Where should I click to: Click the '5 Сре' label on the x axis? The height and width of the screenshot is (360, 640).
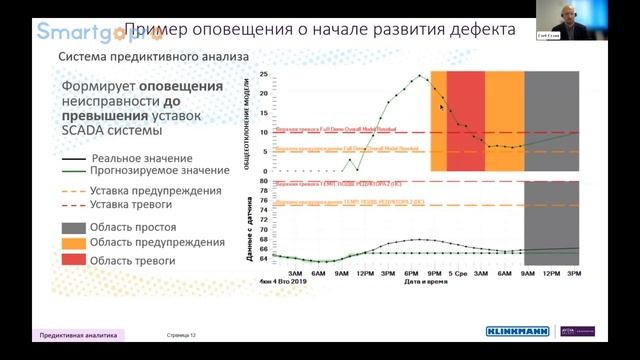click(458, 273)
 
